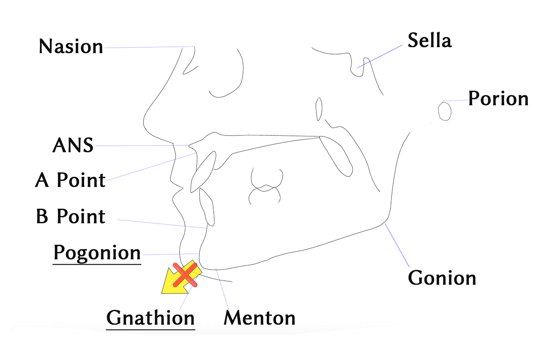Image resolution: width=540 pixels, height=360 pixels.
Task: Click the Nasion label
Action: coord(71,46)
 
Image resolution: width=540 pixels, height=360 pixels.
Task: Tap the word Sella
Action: coord(429,40)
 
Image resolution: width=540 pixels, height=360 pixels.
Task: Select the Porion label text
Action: coord(498,99)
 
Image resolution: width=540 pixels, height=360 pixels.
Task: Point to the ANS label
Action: coord(73,145)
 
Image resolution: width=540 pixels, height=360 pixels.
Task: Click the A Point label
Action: coord(70,180)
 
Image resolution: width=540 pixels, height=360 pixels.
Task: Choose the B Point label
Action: coord(70,216)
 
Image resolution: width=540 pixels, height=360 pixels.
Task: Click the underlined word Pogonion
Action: coord(97,253)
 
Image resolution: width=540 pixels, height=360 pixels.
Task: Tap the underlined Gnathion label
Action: coord(150,318)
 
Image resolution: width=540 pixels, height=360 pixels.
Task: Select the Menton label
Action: coord(260,318)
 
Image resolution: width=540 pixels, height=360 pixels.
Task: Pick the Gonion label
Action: coord(442,278)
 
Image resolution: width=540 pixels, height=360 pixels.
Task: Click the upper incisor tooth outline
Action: coord(203,171)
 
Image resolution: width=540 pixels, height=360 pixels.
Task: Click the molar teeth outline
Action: coord(265,186)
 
